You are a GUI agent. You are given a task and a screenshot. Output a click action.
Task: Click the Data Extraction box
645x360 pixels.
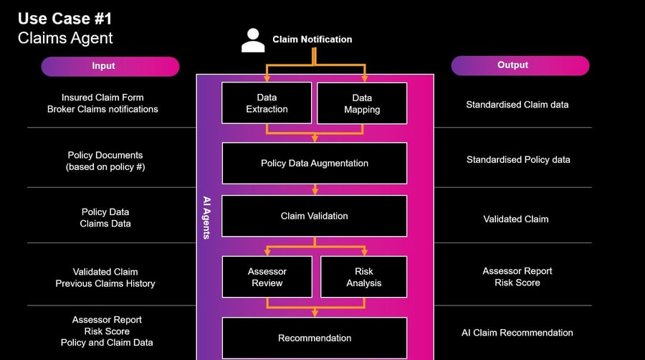[x=267, y=103]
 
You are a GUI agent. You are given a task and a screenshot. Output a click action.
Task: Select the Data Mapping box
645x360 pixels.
[x=361, y=103]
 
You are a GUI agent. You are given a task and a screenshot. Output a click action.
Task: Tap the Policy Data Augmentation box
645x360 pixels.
[x=314, y=163]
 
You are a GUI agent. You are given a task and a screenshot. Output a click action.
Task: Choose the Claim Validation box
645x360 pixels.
[x=314, y=215]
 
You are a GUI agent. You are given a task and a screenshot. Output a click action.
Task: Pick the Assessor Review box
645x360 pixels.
[x=267, y=277]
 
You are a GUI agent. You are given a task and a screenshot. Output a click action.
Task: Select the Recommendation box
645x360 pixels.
[x=314, y=338]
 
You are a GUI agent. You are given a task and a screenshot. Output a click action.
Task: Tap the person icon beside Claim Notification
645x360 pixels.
[x=253, y=40]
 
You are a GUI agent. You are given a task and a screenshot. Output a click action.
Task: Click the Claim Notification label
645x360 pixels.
[x=312, y=39]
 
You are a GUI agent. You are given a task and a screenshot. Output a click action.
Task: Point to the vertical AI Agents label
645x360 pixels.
[x=206, y=215]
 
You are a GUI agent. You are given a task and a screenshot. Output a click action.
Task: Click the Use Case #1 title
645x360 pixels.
[x=66, y=19]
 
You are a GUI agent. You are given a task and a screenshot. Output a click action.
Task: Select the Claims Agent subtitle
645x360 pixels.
[x=65, y=38]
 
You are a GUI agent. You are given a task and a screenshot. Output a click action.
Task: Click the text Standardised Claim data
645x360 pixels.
[x=517, y=105]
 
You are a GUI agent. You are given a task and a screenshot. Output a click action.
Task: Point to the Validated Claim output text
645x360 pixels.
[x=516, y=219]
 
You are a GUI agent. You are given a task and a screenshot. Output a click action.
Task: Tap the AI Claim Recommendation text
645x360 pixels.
[x=517, y=333]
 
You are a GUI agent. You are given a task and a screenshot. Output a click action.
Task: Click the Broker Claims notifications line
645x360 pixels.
[x=102, y=109]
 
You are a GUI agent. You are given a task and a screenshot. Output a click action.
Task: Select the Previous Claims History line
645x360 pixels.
[x=105, y=283]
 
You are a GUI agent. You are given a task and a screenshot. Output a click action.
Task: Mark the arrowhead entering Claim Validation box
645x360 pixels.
[x=315, y=192]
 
